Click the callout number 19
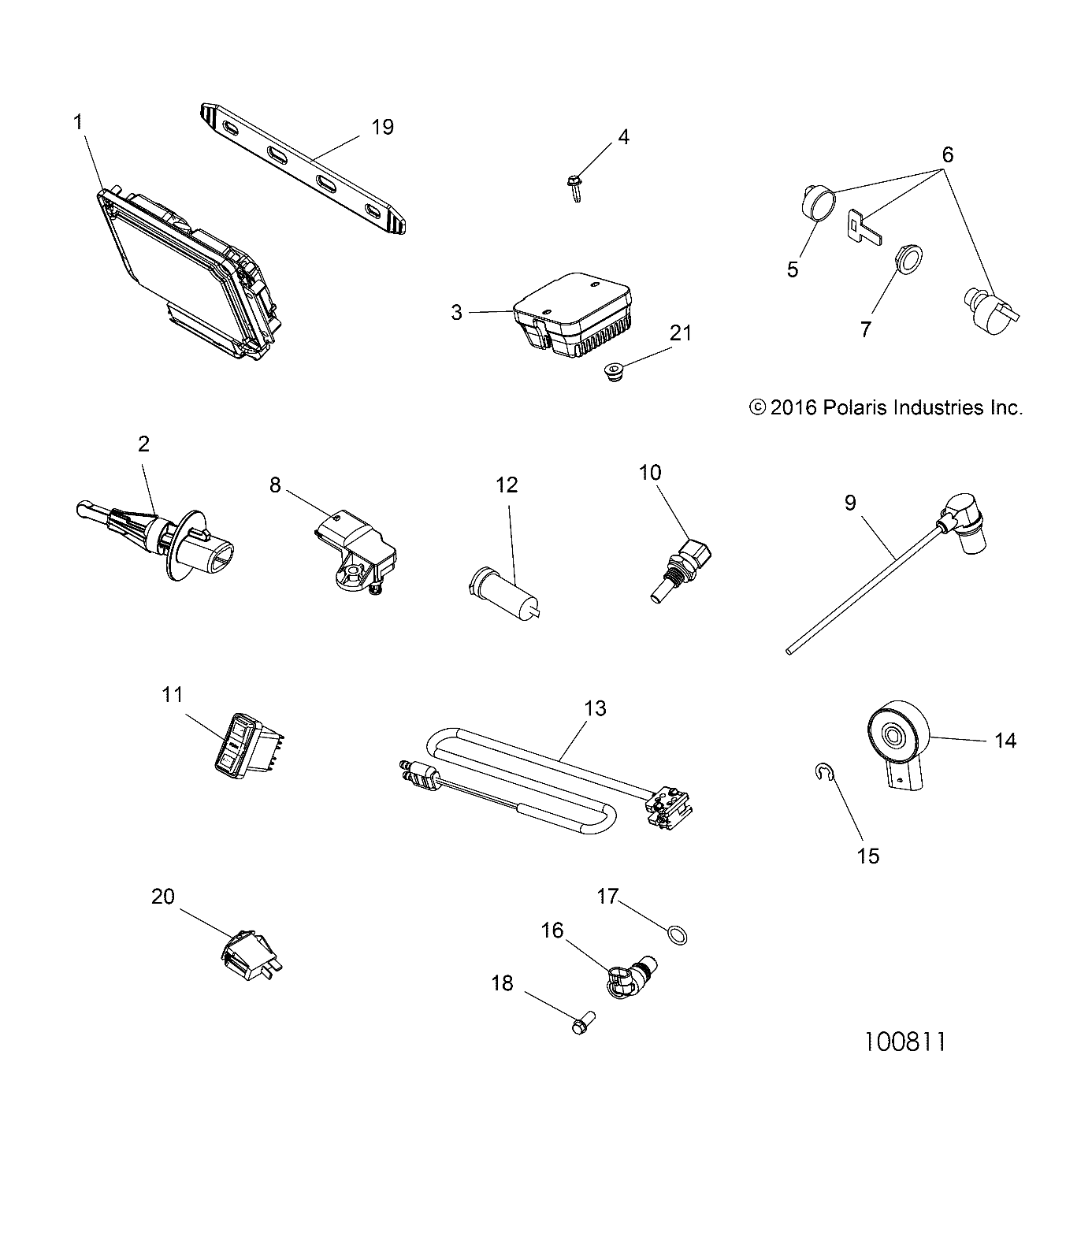pyautogui.click(x=382, y=127)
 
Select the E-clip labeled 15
pyautogui.click(x=820, y=776)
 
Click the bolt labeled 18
pyautogui.click(x=578, y=1027)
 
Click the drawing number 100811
pyautogui.click(x=904, y=1042)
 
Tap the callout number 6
pyautogui.click(x=947, y=155)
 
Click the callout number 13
pyautogui.click(x=596, y=708)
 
